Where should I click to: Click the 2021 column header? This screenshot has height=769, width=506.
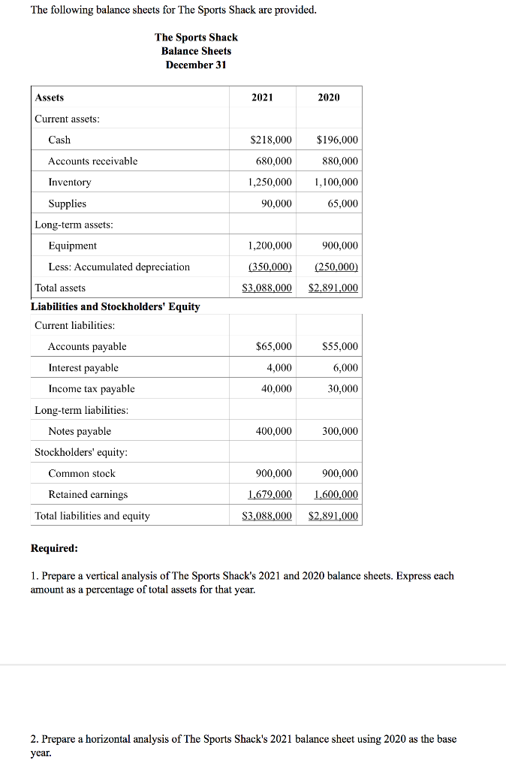click(x=262, y=98)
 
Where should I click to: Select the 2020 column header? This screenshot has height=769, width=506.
click(x=328, y=98)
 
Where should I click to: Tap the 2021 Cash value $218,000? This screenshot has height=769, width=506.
click(x=270, y=140)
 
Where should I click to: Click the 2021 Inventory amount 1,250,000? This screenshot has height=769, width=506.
click(x=270, y=182)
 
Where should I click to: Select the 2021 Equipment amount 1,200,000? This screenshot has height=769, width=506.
click(x=270, y=246)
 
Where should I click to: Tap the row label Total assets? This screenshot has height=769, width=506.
click(x=60, y=288)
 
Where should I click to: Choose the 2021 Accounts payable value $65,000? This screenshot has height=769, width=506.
click(x=273, y=347)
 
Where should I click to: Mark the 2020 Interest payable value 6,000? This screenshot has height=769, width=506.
click(x=345, y=368)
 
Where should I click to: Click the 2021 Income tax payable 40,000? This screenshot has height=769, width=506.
click(x=276, y=389)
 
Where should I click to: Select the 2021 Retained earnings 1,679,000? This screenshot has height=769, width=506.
click(x=270, y=495)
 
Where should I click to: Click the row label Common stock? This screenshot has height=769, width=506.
click(x=82, y=474)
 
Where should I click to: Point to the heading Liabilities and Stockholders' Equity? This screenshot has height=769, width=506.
click(x=115, y=306)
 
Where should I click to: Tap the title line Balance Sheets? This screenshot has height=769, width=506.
click(x=196, y=51)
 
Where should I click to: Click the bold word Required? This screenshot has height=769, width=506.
click(x=54, y=548)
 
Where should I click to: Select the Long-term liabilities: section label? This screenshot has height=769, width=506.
click(x=81, y=410)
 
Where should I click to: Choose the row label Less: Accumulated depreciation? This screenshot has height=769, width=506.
click(x=119, y=267)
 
